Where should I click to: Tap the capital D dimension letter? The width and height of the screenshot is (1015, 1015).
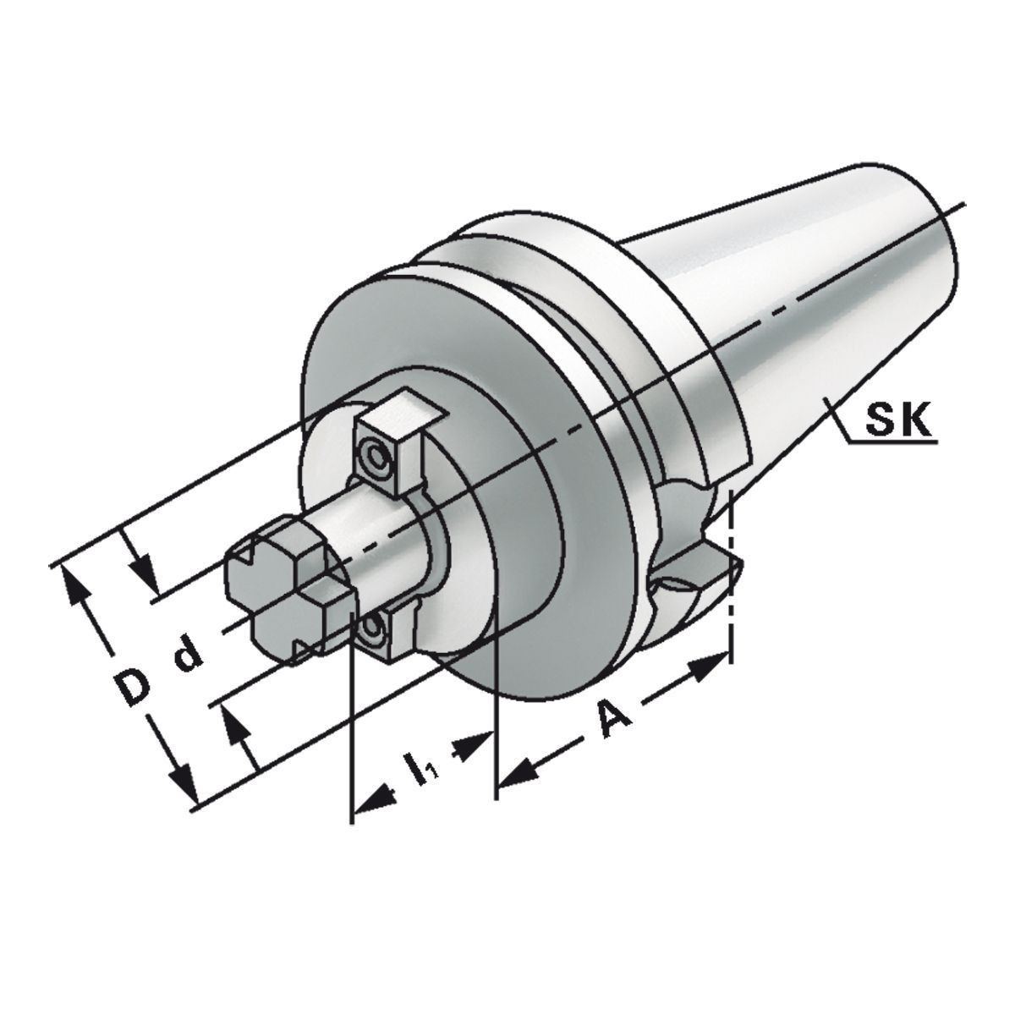coord(130,686)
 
